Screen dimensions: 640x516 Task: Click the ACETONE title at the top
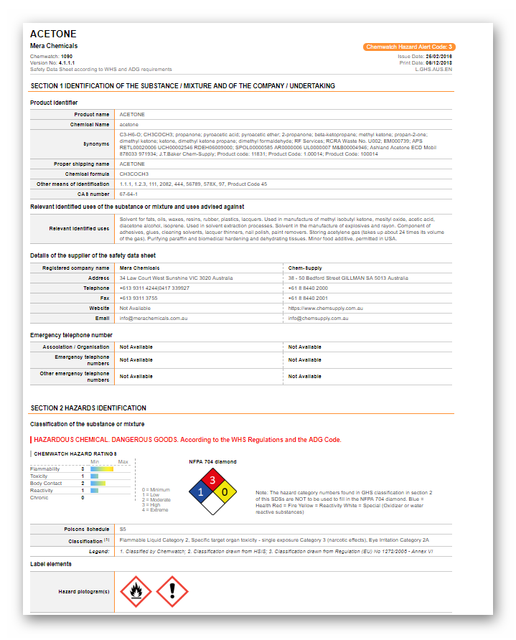[53, 34]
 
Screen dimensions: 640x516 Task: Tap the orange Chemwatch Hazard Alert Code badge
[409, 47]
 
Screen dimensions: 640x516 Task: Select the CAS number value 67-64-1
[128, 194]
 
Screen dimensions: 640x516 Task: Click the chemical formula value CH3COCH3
[134, 174]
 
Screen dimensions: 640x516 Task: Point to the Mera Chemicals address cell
[176, 278]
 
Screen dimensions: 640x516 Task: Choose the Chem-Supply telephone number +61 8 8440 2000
[308, 288]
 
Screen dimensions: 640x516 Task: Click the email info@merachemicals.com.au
[154, 318]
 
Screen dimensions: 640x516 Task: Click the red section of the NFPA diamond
[212, 480]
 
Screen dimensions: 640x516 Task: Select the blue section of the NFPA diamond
[200, 492]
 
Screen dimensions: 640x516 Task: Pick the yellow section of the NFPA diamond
[224, 492]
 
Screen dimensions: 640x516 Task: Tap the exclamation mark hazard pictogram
[172, 591]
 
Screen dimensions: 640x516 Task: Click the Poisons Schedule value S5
[123, 529]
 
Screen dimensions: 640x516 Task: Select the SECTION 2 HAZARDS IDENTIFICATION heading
[88, 408]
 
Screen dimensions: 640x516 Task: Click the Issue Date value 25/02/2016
[438, 56]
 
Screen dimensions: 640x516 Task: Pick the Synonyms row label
[96, 144]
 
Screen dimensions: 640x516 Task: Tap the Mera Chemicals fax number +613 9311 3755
[139, 298]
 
